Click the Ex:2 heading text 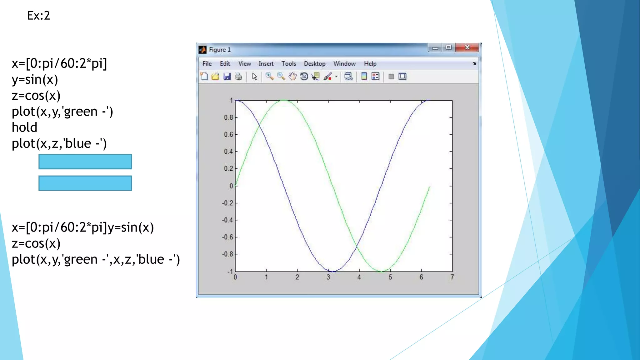pyautogui.click(x=38, y=16)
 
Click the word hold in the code pyautogui.click(x=24, y=127)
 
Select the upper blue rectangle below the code pyautogui.click(x=85, y=162)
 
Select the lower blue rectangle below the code pyautogui.click(x=85, y=183)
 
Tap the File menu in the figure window pyautogui.click(x=207, y=64)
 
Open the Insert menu pyautogui.click(x=266, y=64)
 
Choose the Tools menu pyautogui.click(x=288, y=64)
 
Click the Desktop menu pyautogui.click(x=314, y=64)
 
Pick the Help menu pyautogui.click(x=370, y=64)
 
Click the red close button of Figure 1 pyautogui.click(x=467, y=47)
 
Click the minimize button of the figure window pyautogui.click(x=435, y=48)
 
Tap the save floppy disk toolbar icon pyautogui.click(x=227, y=77)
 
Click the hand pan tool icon pyautogui.click(x=292, y=77)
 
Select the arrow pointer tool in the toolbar pyautogui.click(x=255, y=77)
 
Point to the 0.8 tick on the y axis pyautogui.click(x=228, y=117)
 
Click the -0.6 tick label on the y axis pyautogui.click(x=227, y=237)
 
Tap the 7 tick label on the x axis pyautogui.click(x=452, y=277)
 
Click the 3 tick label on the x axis pyautogui.click(x=328, y=277)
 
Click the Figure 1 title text pyautogui.click(x=220, y=50)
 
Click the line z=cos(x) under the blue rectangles pyautogui.click(x=36, y=243)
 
